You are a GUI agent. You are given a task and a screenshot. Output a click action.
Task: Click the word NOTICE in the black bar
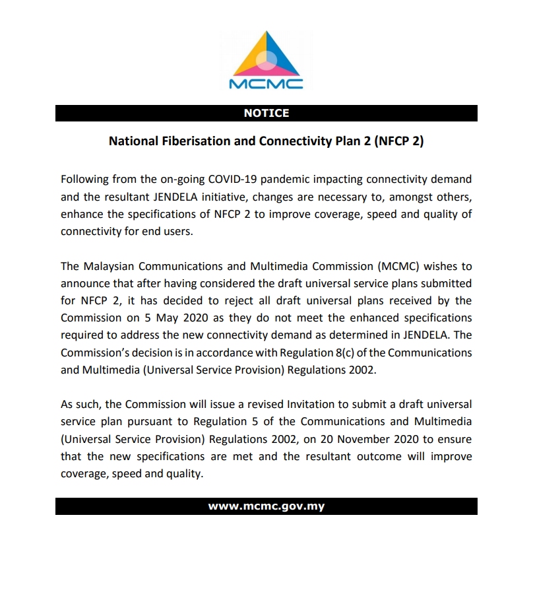point(266,113)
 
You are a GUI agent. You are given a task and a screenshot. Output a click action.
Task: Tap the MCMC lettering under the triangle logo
point(266,84)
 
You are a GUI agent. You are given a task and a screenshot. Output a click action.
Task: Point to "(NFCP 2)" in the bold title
point(398,141)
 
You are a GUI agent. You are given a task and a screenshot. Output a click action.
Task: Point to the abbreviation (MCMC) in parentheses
point(398,267)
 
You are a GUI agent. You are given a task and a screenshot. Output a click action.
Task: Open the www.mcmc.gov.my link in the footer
point(266,507)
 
